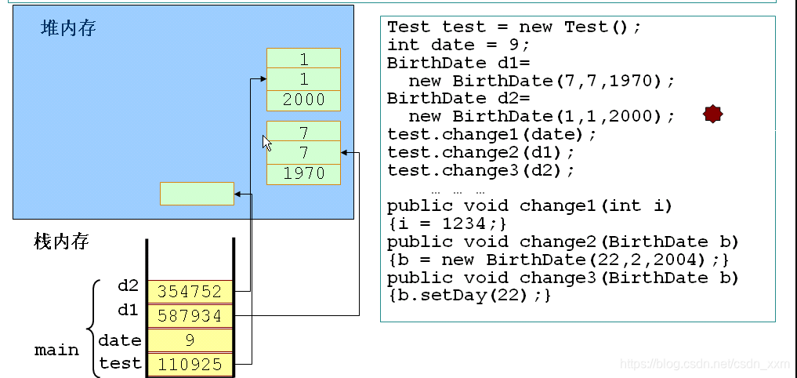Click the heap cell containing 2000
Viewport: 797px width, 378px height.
click(x=303, y=100)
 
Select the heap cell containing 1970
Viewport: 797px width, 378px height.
click(x=303, y=173)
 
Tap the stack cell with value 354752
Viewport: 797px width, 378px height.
click(x=190, y=291)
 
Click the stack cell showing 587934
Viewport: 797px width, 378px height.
click(x=190, y=315)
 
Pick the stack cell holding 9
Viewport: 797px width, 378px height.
click(x=190, y=340)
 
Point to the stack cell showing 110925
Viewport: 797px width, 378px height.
click(x=190, y=365)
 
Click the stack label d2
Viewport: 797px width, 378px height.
click(x=128, y=286)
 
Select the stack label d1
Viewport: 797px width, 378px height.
click(x=128, y=311)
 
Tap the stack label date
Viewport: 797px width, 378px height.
click(x=120, y=340)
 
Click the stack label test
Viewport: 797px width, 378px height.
click(x=120, y=364)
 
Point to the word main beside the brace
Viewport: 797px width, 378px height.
click(x=56, y=350)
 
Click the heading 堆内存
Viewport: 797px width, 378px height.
click(x=69, y=29)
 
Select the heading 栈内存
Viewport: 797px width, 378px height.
click(x=62, y=241)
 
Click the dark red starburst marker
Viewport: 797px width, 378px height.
click(x=712, y=114)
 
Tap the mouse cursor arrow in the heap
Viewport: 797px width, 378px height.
click(x=266, y=143)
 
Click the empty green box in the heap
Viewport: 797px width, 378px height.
click(x=197, y=193)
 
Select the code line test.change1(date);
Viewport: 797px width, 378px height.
click(x=491, y=134)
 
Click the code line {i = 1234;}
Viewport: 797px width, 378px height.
click(x=447, y=224)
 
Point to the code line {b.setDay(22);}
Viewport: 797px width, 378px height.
click(x=469, y=296)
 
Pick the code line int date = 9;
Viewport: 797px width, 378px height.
click(x=458, y=45)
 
